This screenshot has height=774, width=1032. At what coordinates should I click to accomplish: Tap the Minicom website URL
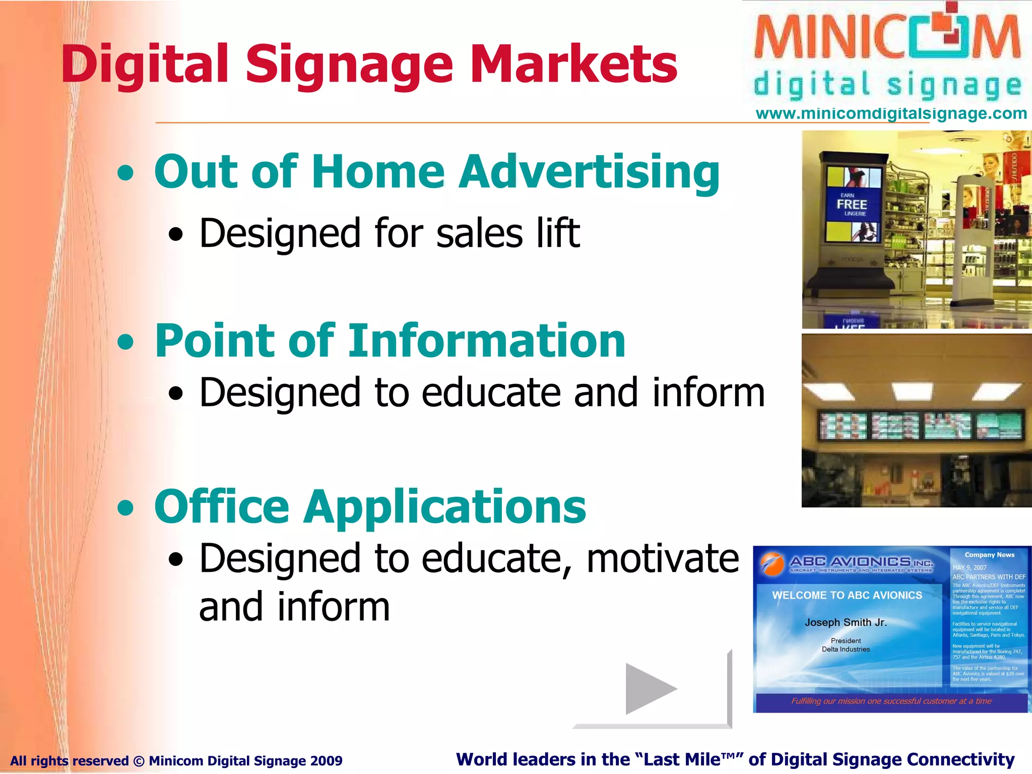click(891, 113)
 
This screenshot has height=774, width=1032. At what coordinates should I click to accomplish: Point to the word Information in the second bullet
click(486, 341)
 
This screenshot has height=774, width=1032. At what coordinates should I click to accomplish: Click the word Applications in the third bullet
click(445, 507)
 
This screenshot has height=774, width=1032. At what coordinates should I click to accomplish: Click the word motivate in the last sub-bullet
click(663, 558)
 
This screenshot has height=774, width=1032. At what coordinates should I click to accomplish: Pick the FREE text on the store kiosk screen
click(852, 205)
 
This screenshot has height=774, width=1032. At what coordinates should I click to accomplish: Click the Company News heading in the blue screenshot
click(989, 555)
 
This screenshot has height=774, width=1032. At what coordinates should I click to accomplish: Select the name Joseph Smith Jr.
click(846, 622)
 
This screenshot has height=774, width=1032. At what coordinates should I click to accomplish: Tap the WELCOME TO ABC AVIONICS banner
click(847, 595)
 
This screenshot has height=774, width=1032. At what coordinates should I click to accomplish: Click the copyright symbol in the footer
click(139, 761)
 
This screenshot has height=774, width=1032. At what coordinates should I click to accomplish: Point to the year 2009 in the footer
click(326, 761)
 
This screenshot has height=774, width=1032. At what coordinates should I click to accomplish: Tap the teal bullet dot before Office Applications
click(125, 508)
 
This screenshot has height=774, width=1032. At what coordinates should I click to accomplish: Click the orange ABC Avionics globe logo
click(771, 563)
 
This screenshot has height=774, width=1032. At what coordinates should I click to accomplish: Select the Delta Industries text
click(846, 650)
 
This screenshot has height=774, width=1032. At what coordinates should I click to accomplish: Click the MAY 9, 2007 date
click(969, 567)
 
